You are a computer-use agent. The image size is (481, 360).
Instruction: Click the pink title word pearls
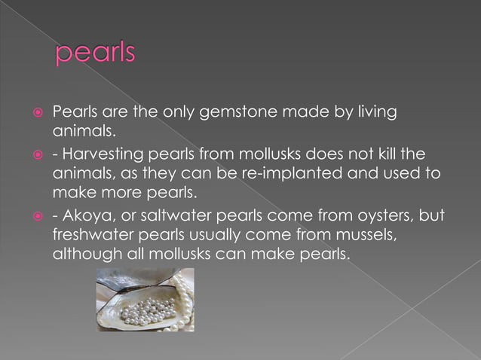95,54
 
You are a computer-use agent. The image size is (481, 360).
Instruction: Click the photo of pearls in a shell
146,299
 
